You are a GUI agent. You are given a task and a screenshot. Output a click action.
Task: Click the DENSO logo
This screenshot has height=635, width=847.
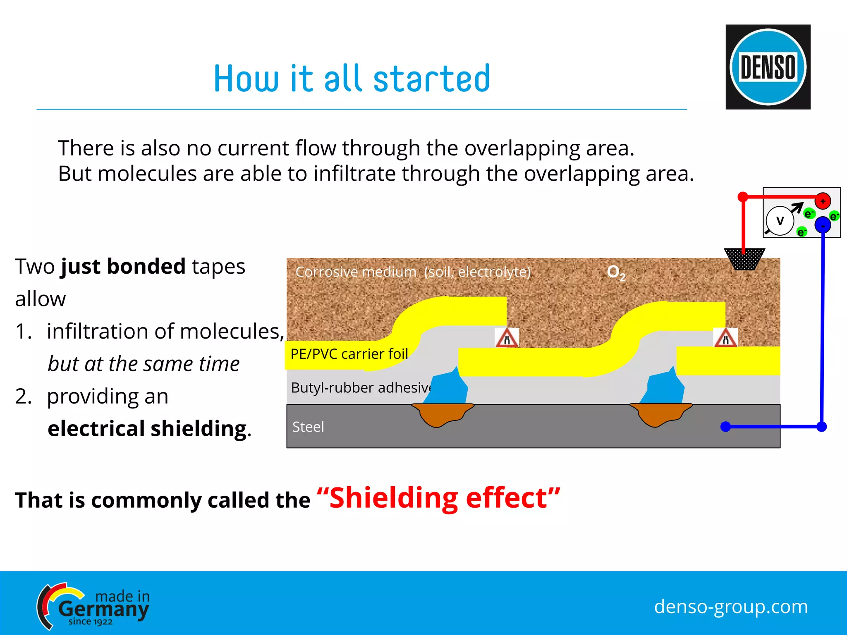(768, 67)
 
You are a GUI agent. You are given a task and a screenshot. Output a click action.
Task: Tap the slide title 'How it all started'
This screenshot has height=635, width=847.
(352, 79)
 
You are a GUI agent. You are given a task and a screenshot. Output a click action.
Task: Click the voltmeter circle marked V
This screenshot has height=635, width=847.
(780, 221)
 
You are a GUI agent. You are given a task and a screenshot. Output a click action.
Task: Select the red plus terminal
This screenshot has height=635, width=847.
(823, 201)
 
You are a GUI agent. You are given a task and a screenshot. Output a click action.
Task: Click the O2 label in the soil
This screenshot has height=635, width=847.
(616, 273)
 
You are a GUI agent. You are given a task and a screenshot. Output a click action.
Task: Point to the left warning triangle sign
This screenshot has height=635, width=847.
(507, 338)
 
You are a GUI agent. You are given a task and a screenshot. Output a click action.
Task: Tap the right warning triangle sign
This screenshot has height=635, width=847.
(725, 338)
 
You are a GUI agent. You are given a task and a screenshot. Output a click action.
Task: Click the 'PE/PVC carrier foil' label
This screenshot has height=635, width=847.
(349, 354)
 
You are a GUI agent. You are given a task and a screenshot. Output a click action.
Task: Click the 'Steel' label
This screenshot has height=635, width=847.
(308, 427)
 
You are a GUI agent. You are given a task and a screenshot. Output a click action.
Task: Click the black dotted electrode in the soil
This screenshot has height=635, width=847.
(744, 259)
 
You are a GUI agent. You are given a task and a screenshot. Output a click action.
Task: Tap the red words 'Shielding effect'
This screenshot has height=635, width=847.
(438, 498)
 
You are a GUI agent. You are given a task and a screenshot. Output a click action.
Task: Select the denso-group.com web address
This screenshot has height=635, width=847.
(731, 606)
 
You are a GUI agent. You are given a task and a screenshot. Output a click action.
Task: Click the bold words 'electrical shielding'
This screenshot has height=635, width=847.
(147, 429)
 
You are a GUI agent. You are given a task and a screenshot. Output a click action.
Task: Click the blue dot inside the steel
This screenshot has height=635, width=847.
(725, 427)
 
